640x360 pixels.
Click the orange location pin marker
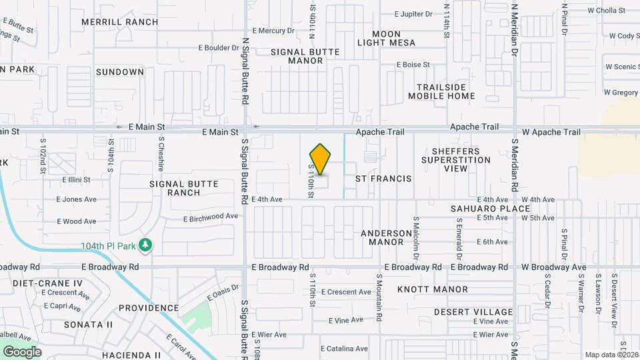321,159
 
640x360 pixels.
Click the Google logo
22,352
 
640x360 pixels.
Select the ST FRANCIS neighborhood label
383,179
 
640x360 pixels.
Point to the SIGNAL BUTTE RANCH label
175,188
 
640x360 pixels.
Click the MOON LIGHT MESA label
386,38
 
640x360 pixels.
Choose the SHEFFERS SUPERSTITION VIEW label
456,160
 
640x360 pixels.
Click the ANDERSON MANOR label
387,237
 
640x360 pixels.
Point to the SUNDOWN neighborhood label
120,72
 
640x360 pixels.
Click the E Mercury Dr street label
273,31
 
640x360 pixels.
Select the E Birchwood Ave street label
211,217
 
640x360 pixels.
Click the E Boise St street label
413,65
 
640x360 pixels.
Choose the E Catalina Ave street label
345,349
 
